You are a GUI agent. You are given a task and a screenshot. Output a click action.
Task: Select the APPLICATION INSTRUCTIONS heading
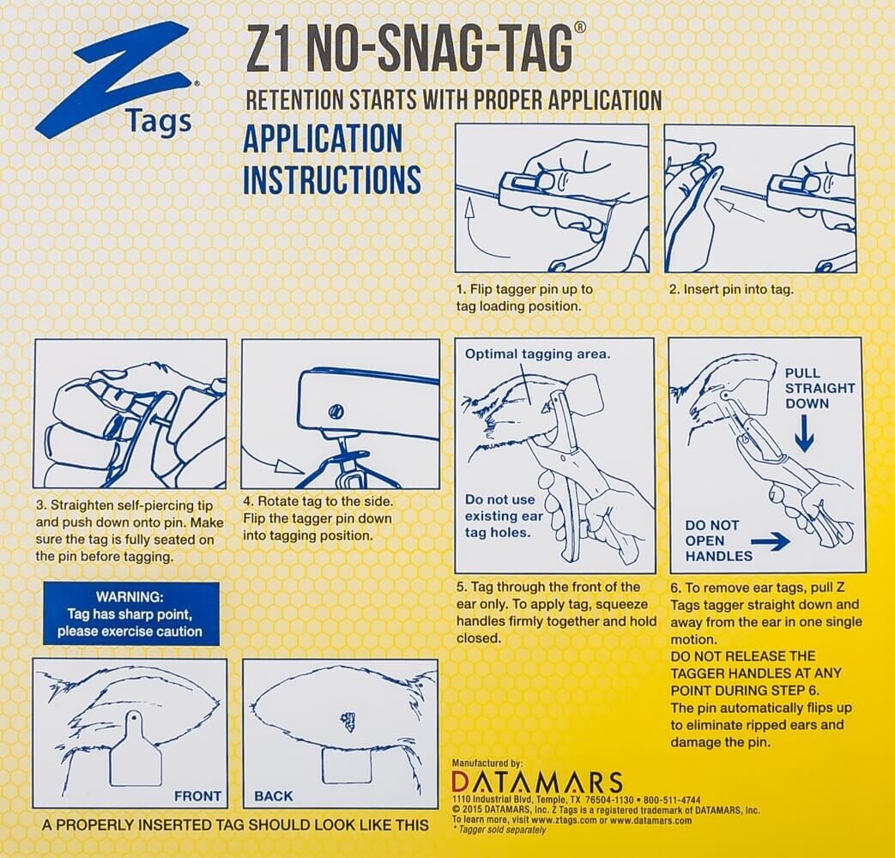pos(331,160)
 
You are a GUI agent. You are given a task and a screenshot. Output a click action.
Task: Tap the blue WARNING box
pos(130,613)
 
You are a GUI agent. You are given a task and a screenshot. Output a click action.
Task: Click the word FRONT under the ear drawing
pos(197,796)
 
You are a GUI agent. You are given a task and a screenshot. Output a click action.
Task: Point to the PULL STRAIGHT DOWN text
pos(819,388)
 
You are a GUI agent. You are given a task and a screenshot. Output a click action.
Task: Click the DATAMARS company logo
pos(536,782)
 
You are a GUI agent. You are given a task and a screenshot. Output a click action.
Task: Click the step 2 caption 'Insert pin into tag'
pos(731,289)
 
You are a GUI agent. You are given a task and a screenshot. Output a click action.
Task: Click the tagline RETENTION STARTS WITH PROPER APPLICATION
pos(453,100)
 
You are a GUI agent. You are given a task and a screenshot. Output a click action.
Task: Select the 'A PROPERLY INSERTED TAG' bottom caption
pos(235,825)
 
